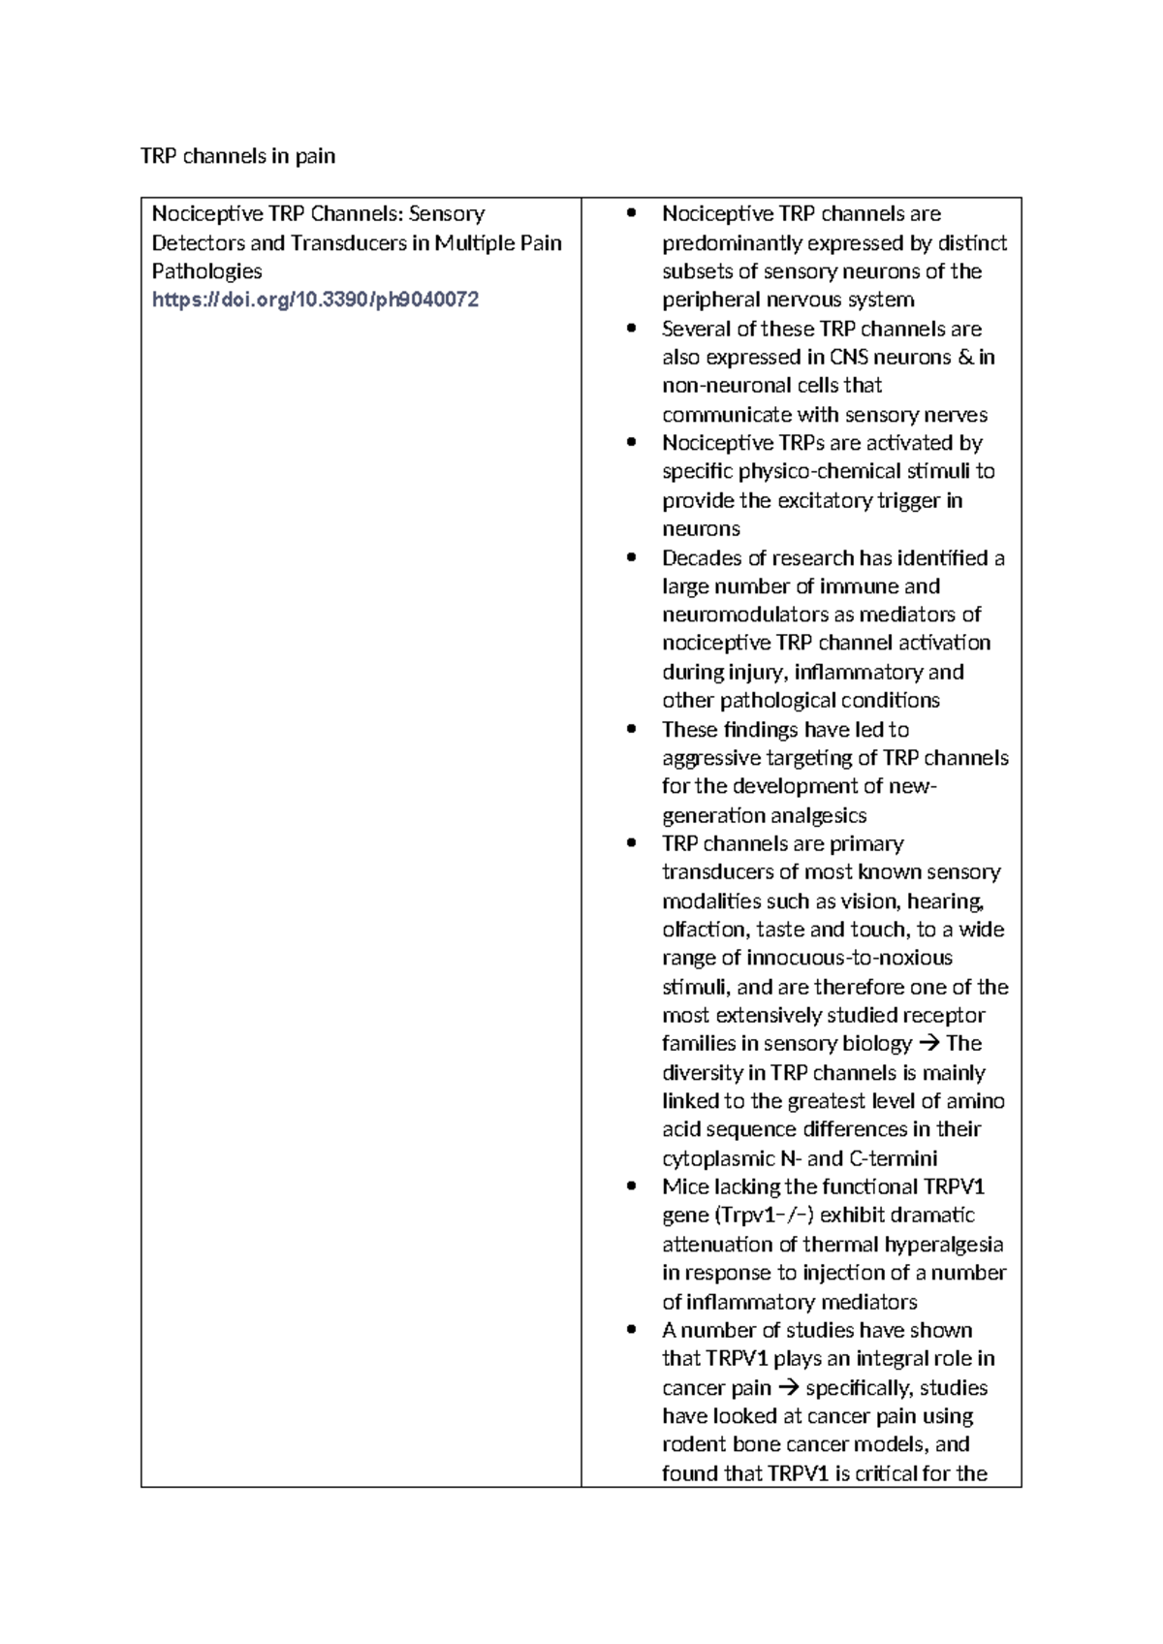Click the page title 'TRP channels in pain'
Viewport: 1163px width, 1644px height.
pos(237,156)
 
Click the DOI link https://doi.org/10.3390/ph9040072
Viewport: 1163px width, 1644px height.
pos(315,300)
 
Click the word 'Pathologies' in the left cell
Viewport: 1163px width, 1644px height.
pos(206,271)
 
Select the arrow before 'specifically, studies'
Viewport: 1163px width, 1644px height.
pos(788,1388)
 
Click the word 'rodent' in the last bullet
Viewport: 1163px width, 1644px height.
pos(693,1444)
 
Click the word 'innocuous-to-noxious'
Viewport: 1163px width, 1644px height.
pos(849,958)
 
